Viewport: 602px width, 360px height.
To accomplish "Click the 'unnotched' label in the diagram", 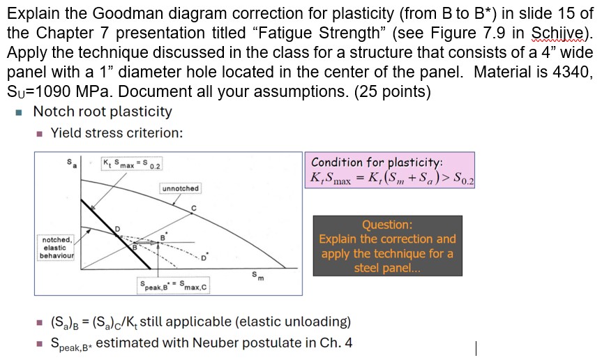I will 181,188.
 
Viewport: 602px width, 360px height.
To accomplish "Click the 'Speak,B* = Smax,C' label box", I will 172,286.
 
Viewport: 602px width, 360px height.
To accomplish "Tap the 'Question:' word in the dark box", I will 386,225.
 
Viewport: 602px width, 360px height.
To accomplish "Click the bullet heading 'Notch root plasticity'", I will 103,112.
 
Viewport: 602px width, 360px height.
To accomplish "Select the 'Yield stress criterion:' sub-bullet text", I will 116,133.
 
